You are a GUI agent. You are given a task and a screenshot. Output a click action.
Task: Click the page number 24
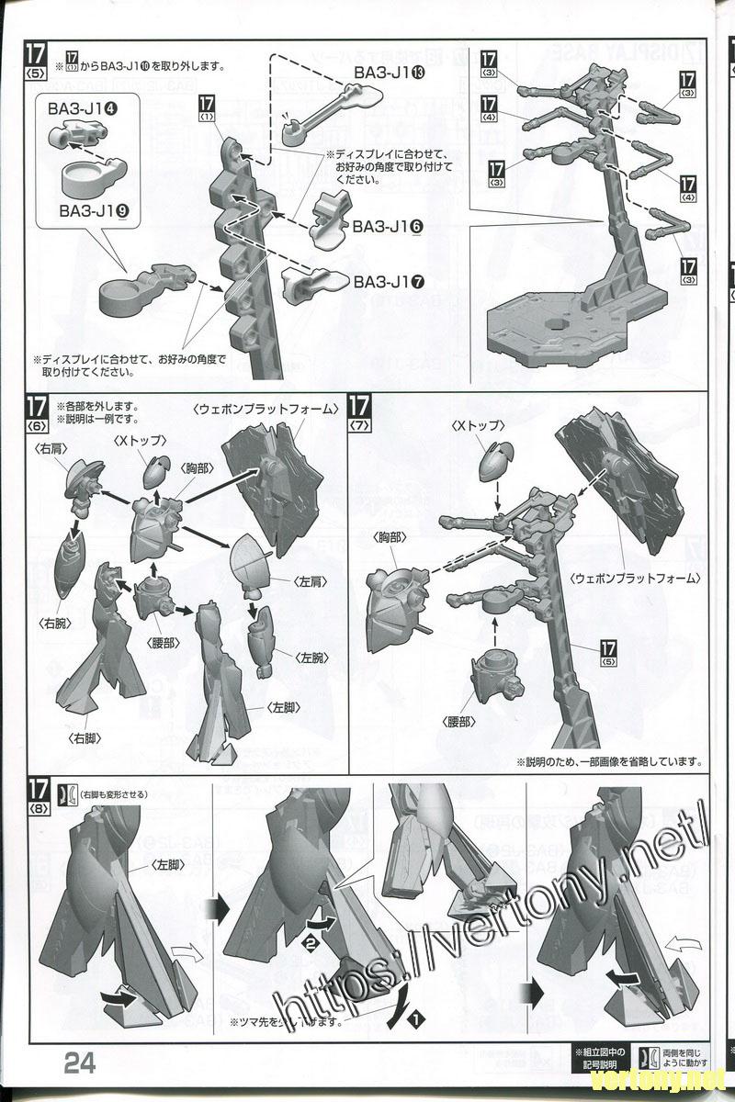point(80,1063)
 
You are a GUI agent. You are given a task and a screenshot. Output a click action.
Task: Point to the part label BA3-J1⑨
point(94,211)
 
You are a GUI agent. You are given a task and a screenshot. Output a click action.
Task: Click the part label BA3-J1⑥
point(388,226)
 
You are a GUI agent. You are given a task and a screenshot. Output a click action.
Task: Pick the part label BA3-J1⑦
point(389,281)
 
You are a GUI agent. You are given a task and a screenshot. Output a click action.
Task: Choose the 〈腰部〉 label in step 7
point(458,722)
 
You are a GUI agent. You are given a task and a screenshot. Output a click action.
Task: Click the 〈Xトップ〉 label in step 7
point(478,426)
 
